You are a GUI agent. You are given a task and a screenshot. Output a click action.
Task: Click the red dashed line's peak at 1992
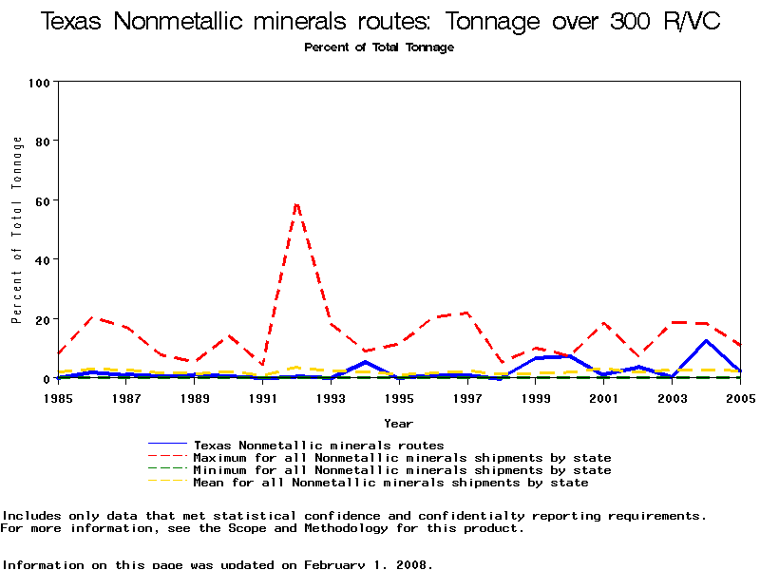click(297, 203)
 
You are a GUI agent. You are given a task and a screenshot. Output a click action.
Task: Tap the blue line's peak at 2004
click(706, 340)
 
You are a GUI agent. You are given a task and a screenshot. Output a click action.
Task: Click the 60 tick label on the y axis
click(39, 200)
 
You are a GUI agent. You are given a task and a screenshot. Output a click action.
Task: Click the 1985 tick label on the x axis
click(58, 397)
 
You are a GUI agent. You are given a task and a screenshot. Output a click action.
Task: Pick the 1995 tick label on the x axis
click(400, 397)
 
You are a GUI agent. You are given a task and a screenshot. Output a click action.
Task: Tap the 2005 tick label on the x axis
click(740, 397)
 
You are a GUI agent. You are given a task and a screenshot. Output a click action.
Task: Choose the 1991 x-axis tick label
click(263, 397)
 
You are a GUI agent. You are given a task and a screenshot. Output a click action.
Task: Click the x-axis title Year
click(398, 423)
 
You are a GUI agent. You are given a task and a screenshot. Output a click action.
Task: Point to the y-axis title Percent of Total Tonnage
click(17, 230)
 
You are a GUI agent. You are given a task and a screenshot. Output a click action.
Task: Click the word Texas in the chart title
click(73, 22)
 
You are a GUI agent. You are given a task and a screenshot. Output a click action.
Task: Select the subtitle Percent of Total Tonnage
click(379, 47)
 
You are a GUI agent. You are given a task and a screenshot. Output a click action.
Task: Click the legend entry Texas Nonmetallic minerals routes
click(318, 445)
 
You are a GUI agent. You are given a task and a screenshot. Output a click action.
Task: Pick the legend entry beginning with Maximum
click(402, 458)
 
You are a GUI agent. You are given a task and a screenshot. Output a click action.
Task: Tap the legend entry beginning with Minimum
click(402, 470)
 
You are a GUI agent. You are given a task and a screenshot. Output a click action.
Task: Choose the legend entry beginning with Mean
click(390, 483)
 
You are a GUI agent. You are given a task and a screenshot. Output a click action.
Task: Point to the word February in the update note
click(336, 564)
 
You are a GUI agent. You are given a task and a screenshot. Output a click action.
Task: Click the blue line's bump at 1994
click(366, 361)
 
